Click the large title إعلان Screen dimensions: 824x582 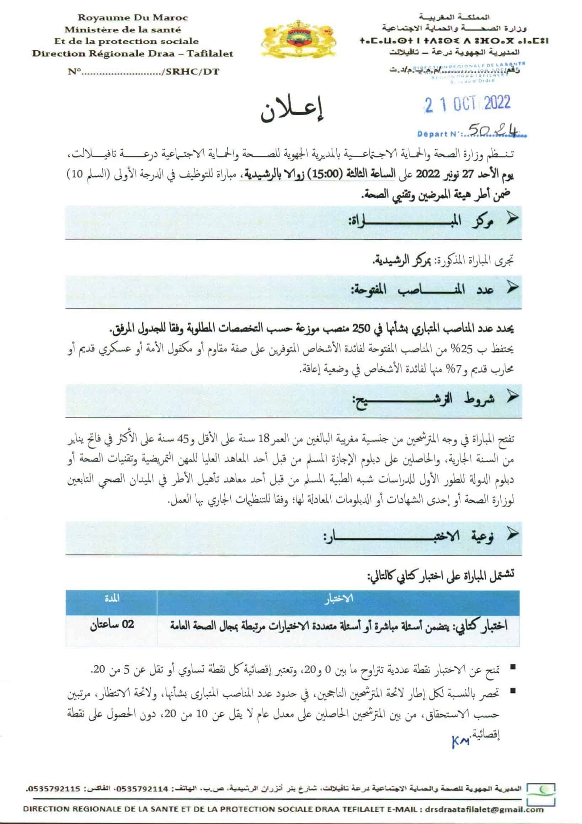point(292,112)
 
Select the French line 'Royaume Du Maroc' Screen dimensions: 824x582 point(133,17)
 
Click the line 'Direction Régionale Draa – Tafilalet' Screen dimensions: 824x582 point(133,54)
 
